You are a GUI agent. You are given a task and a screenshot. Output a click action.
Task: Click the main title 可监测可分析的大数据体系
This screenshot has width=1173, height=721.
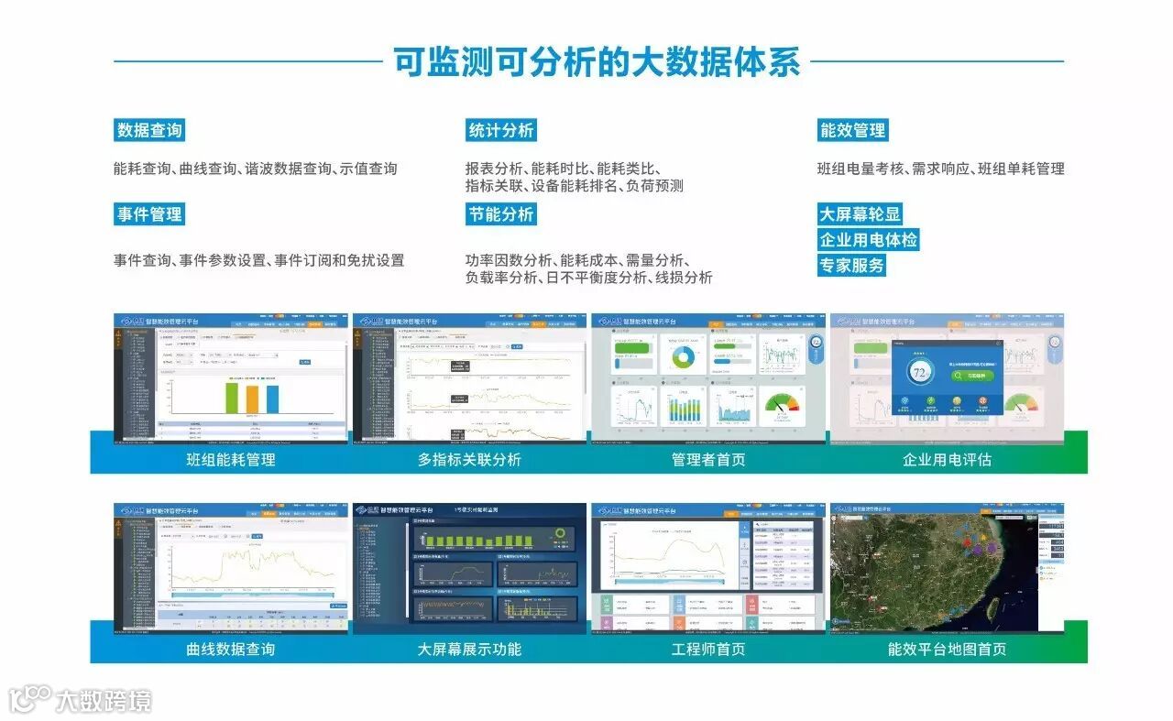[x=597, y=61]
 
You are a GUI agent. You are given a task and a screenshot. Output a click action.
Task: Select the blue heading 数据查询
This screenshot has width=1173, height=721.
[x=149, y=130]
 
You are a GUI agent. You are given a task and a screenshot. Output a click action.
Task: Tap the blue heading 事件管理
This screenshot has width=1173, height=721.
[x=149, y=214]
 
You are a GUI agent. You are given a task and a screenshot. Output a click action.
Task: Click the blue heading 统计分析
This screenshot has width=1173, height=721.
[x=500, y=130]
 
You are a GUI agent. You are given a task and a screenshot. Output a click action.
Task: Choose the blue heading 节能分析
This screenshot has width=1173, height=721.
[x=500, y=214]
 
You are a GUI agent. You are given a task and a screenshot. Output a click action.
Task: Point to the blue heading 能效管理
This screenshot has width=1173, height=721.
[x=852, y=130]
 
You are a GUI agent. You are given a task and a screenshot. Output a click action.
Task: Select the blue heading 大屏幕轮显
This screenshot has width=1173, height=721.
[x=860, y=214]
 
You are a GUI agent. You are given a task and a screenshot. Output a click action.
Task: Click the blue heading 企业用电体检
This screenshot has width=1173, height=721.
[x=868, y=240]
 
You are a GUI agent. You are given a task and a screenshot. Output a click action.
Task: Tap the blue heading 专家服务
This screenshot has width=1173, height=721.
[x=852, y=266]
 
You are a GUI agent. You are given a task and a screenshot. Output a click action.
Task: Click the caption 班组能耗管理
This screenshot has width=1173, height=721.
[x=230, y=459]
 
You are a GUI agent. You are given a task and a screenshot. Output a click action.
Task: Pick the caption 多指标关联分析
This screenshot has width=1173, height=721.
[x=469, y=459]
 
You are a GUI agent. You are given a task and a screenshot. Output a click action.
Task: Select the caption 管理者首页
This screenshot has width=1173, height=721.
[x=707, y=459]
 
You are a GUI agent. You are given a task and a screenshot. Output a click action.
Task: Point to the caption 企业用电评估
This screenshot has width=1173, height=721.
[x=947, y=459]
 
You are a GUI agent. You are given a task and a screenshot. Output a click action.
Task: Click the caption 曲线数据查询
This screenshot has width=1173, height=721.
[x=230, y=649]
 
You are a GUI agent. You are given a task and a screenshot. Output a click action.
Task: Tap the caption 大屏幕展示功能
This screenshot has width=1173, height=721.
[x=469, y=649]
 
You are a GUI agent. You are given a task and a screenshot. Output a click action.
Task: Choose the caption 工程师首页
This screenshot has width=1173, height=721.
[x=707, y=649]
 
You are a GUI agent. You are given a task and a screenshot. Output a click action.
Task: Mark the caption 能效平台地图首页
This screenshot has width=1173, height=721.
[x=947, y=649]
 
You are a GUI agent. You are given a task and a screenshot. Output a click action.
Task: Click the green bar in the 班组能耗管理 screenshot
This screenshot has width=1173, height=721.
[x=232, y=398]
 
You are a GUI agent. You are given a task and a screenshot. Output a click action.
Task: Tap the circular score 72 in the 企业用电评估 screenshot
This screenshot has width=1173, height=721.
[x=919, y=372]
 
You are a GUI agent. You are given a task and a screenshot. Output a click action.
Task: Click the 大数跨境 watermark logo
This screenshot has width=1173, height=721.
[x=81, y=701]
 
